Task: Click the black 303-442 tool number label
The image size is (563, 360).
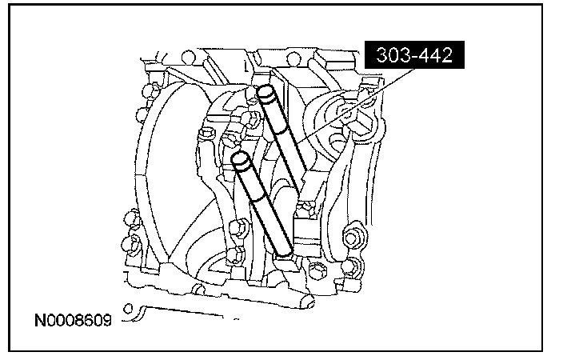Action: pos(414,55)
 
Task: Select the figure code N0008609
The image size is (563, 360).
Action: pos(73,320)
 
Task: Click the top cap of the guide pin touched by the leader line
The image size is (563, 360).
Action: pos(266,93)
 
